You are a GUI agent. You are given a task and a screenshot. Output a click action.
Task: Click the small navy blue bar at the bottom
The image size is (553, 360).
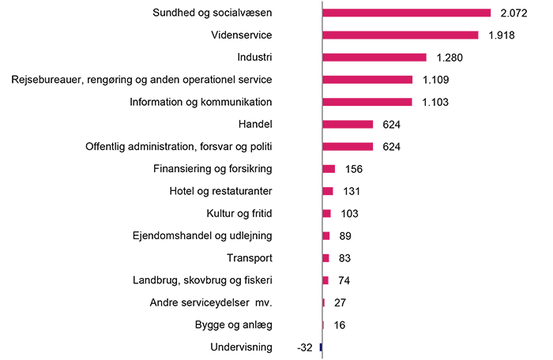318,346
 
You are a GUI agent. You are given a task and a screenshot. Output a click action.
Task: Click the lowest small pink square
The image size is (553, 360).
326,324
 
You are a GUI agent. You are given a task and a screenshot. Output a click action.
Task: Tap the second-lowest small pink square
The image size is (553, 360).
325,302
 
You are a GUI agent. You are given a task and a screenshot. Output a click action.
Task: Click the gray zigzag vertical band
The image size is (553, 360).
309,158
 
